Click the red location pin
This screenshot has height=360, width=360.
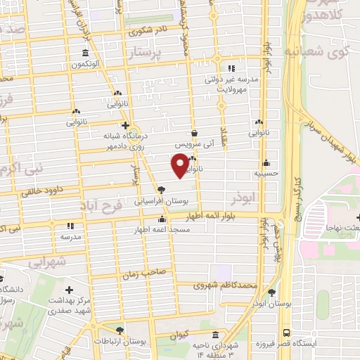pos(180,165)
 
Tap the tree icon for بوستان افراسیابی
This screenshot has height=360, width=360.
pos(162,189)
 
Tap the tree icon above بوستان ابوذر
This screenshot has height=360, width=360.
pos(271,292)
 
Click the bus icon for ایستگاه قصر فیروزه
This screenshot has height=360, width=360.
pos(285,333)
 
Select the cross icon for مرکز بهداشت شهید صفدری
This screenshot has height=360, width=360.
pos(68,290)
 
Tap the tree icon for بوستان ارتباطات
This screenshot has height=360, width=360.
pos(120,329)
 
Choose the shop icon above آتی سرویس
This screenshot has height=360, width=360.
pos(194,132)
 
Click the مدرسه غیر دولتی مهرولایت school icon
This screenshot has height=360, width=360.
pos(232,67)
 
